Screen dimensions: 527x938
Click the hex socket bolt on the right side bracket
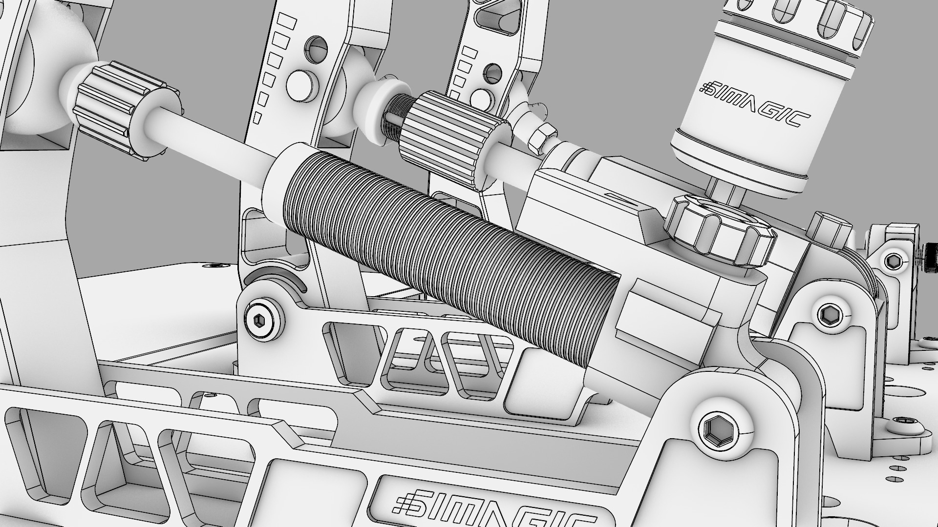[829, 313]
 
